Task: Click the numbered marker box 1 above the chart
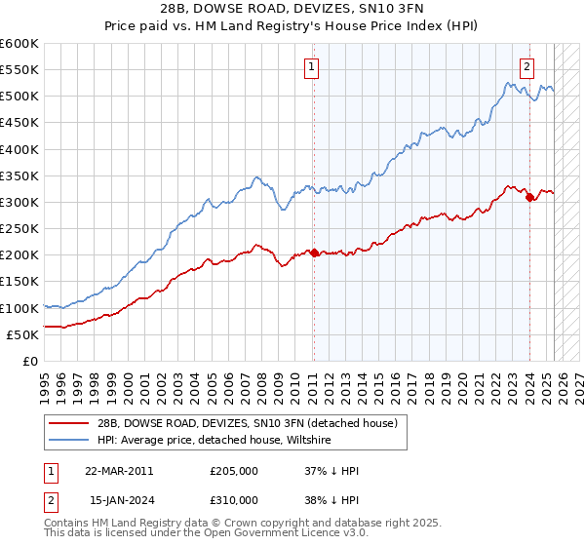311,67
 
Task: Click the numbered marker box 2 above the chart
526,67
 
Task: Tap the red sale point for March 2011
314,253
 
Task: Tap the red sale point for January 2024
529,198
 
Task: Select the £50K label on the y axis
22,334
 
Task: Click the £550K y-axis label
19,70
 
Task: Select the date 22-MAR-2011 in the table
119,471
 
